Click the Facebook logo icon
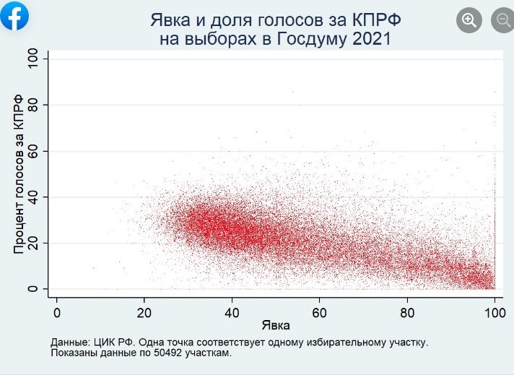[x=15, y=16]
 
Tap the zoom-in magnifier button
[x=469, y=20]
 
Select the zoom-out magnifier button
[x=502, y=20]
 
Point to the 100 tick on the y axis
[x=32, y=59]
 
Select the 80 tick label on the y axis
[x=32, y=105]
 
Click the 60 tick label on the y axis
[x=32, y=150]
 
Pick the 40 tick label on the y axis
[x=32, y=197]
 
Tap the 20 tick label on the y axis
[x=32, y=243]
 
